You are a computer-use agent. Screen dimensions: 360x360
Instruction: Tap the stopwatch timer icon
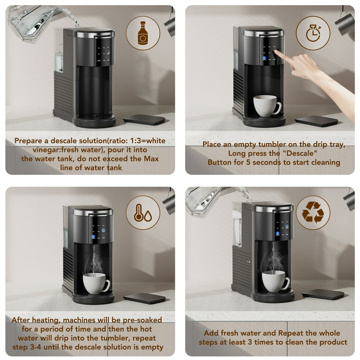tap(313, 33)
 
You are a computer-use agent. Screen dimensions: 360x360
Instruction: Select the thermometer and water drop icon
tap(143, 212)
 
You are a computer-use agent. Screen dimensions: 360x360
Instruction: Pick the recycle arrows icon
tap(313, 212)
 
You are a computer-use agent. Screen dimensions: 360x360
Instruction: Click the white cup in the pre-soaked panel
tap(96, 283)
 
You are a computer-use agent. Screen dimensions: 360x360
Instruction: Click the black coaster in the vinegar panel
tap(144, 120)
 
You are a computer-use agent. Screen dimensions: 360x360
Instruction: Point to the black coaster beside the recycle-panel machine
tap(323, 294)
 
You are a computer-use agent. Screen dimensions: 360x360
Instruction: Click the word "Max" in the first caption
tap(150, 158)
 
